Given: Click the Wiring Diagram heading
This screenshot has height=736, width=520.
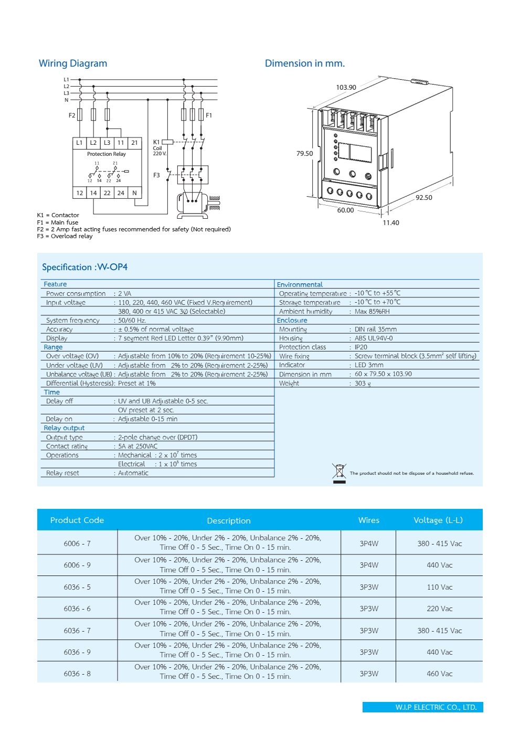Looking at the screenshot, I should click(73, 63).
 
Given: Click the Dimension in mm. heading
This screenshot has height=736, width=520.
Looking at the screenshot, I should click(304, 63).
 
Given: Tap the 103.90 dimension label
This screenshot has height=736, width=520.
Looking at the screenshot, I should click(346, 88).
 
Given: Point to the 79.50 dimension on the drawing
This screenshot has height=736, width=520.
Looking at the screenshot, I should click(304, 154).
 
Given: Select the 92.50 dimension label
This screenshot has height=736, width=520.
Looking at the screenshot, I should click(423, 198).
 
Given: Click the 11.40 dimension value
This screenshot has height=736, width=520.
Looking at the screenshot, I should click(390, 223).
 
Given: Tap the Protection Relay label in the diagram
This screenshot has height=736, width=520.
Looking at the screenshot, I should click(107, 154).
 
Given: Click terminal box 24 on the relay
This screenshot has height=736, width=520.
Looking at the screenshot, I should click(121, 193).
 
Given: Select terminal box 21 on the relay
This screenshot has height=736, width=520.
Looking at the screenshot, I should click(134, 143).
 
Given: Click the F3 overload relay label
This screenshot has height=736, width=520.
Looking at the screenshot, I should click(156, 175).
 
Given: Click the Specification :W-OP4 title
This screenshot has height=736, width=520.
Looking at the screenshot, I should click(84, 267).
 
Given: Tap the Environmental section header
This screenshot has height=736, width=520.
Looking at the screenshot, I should click(300, 284).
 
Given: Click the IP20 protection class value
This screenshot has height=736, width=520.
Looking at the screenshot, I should click(361, 347).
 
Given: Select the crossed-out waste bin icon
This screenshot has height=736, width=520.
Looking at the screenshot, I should click(339, 473).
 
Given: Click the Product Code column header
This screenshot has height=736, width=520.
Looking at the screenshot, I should click(77, 520).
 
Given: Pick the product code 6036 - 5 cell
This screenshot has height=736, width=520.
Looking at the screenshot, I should click(77, 587).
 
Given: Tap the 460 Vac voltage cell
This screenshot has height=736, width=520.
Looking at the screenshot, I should click(439, 674).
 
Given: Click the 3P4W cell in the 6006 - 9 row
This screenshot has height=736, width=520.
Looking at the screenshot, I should click(369, 565).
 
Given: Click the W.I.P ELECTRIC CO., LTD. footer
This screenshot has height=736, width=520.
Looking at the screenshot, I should click(436, 707).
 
